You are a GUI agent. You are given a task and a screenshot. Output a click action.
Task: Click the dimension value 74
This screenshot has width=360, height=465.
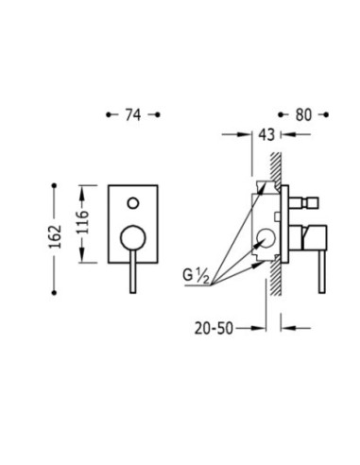point(133,114)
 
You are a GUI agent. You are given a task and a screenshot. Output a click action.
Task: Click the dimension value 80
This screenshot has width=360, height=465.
point(303,114)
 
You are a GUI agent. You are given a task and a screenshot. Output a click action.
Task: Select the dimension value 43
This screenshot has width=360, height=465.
point(266,135)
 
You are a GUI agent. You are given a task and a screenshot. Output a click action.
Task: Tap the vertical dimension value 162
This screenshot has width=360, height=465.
point(55,236)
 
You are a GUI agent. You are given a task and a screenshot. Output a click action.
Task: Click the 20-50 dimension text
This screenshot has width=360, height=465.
point(214,329)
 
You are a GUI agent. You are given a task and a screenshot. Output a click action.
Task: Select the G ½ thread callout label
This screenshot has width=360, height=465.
point(196,276)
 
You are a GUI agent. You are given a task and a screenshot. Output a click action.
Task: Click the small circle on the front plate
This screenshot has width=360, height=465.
point(133,203)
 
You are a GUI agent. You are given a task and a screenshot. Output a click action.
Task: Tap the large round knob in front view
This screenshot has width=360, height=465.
point(133,238)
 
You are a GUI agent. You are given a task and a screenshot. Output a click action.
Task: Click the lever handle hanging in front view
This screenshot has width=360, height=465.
point(133,272)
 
